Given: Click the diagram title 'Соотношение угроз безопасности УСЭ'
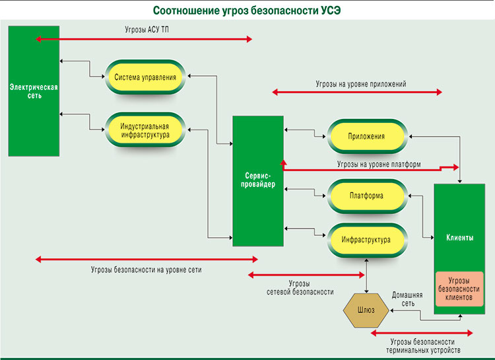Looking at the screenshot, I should (x=247, y=11).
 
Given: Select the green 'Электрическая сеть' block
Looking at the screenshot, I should (x=34, y=90).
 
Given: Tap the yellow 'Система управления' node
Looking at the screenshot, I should (x=145, y=78).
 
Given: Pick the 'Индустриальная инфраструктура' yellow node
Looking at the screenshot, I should (x=145, y=130).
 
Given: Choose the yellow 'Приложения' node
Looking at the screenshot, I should (x=366, y=137).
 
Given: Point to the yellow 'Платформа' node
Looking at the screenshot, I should (x=366, y=196).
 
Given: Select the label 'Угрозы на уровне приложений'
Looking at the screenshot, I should (x=360, y=84).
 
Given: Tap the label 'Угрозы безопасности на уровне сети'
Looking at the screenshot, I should (x=147, y=270).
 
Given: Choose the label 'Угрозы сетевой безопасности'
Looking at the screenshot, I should (x=300, y=287).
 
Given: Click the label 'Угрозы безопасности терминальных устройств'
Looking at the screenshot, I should (x=422, y=345).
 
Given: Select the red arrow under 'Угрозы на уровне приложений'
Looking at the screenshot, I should (x=357, y=93).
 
